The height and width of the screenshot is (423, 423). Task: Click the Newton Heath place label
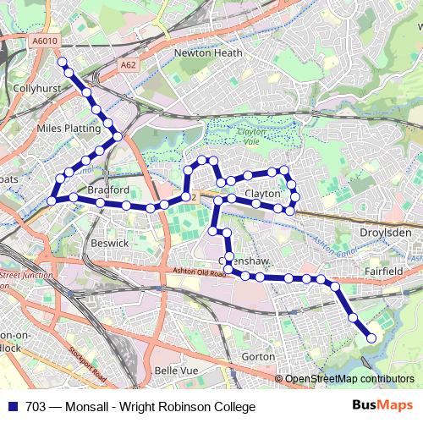(x=207, y=52)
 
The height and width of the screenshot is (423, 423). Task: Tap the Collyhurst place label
(x=36, y=86)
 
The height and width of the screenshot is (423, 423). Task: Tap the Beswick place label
(x=110, y=243)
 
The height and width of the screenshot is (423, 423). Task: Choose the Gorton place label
(x=258, y=357)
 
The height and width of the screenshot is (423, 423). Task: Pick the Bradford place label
(x=107, y=190)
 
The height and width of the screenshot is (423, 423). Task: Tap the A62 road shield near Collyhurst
(x=128, y=64)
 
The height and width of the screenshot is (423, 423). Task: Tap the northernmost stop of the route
(x=61, y=61)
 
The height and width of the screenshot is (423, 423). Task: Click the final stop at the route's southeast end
(x=371, y=338)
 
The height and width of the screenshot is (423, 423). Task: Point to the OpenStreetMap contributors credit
(x=349, y=378)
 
